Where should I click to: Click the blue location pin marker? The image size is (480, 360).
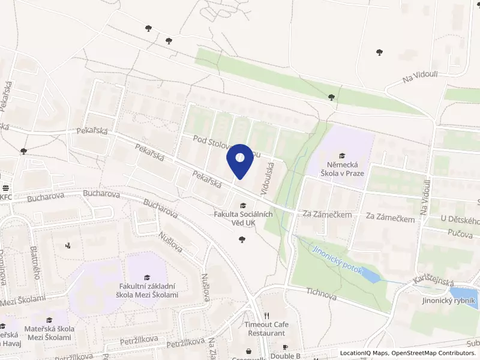(x=240, y=160)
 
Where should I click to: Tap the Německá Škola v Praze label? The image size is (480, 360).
(x=343, y=169)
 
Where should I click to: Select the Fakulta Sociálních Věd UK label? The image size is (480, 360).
(x=243, y=218)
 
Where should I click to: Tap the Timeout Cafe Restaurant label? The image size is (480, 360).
(x=266, y=328)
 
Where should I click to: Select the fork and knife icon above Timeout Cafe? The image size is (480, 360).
(x=267, y=316)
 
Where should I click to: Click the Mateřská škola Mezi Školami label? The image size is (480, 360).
(x=50, y=333)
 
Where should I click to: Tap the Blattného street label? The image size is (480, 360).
(x=35, y=265)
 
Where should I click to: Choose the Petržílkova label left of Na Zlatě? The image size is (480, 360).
(x=187, y=344)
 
